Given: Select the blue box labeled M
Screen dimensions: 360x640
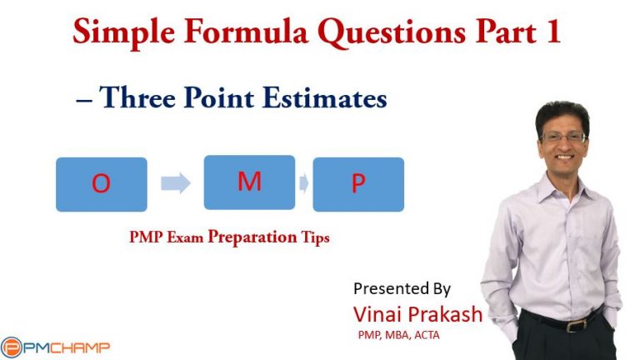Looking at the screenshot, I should coord(249,182).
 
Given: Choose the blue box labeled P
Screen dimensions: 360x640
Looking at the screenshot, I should coord(358,184).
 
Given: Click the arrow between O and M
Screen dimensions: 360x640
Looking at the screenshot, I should coord(175,183).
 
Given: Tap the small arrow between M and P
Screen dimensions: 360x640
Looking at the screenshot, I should coord(304,183).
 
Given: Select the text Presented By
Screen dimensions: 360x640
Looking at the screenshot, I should coord(402,289).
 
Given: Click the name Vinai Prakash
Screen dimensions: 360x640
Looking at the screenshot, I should coord(417,315).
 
